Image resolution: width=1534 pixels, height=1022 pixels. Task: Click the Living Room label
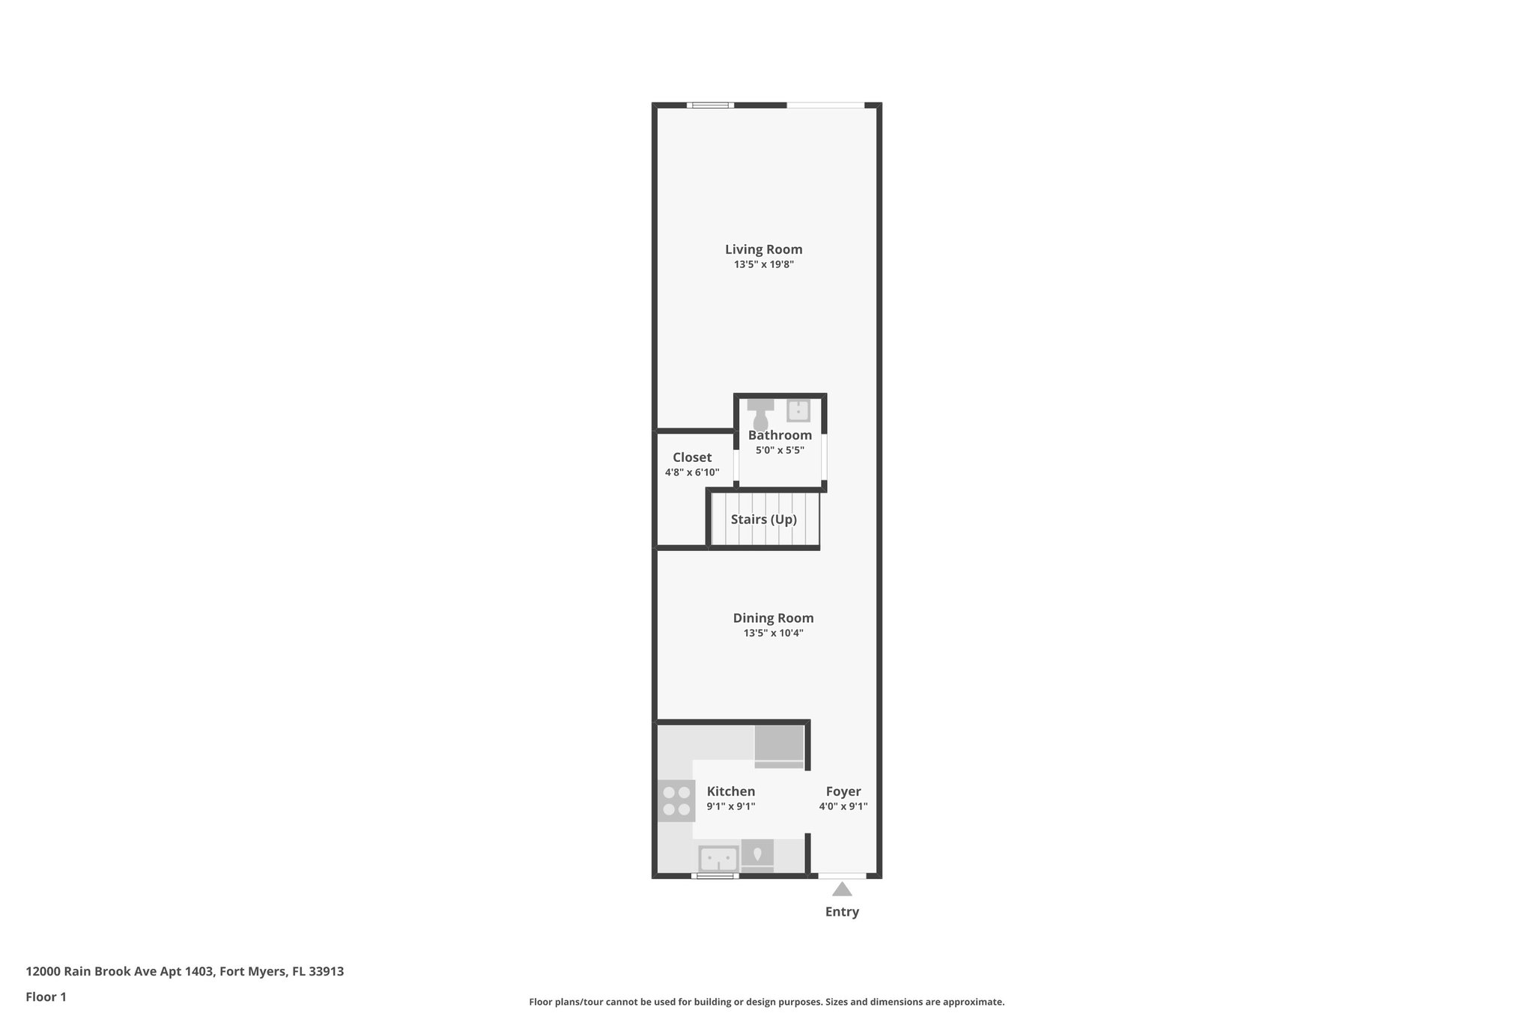pos(763,249)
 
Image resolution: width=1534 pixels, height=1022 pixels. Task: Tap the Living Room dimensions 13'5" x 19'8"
pos(763,265)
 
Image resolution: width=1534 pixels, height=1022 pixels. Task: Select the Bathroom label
pos(780,435)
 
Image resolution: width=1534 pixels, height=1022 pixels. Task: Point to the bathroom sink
pos(798,411)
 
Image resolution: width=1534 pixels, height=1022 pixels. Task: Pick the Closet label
pos(692,457)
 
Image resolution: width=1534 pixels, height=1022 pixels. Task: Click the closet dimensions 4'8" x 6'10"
pos(692,472)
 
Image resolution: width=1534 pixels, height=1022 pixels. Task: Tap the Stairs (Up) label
pos(763,520)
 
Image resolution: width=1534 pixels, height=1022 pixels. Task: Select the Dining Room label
pos(773,618)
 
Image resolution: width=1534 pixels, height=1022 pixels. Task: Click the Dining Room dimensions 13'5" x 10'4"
pos(773,633)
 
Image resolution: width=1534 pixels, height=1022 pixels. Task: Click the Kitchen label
pos(731,791)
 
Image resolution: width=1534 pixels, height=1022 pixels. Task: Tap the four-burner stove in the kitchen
pos(676,800)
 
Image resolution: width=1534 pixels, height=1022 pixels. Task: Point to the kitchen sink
pos(718,858)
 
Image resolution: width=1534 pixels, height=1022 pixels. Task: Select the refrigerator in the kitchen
pos(779,746)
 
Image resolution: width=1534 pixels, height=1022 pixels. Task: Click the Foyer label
pos(843,791)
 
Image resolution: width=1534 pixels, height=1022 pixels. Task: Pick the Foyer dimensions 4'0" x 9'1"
pos(843,807)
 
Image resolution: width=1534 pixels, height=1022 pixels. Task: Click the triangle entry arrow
pos(842,889)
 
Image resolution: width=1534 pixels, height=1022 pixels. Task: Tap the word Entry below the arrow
pos(842,912)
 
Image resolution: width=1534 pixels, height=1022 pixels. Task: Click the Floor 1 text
pos(46,997)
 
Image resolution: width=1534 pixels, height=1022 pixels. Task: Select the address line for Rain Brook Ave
pos(185,972)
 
